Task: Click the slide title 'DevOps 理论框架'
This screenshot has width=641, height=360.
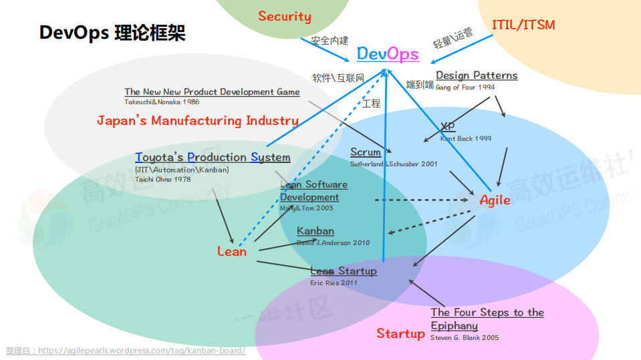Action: point(112,33)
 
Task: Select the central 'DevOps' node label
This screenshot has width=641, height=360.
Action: point(388,54)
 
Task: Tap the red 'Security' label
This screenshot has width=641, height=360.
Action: point(285,17)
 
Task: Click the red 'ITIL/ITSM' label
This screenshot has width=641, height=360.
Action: point(523,25)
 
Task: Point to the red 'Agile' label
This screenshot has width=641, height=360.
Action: point(495,200)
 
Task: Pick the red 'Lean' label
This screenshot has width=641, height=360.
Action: point(232,252)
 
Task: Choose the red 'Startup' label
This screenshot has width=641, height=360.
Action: point(400,333)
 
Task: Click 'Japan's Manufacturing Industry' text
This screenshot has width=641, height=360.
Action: point(197,121)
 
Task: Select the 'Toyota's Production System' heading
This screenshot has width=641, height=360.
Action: point(213,158)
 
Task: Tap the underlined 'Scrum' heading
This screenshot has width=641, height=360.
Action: point(366,152)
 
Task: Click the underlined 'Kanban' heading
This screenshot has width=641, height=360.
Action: point(315,231)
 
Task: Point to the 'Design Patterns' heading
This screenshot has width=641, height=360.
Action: point(477,75)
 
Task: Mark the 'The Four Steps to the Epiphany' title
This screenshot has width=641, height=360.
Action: point(487,319)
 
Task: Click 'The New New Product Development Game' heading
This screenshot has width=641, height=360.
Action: point(212,92)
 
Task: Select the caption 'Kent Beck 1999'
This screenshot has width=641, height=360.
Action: point(465,139)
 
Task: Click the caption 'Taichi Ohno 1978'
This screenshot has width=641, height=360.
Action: point(162,179)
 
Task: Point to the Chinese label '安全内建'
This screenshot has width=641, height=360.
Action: point(330,40)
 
